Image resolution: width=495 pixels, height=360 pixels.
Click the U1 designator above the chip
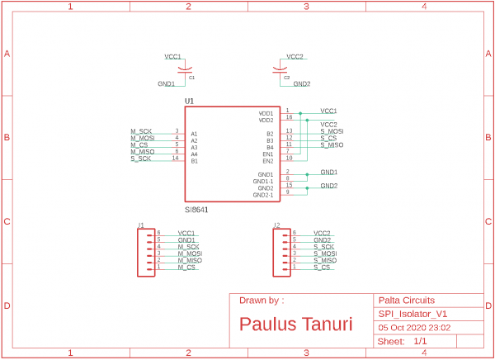tap(189, 102)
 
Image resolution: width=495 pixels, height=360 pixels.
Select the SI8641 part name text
tap(196, 211)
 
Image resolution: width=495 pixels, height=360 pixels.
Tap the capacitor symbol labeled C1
tap(186, 69)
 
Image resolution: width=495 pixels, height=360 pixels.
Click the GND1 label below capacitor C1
tap(166, 84)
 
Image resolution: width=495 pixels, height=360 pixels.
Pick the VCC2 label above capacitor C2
tap(295, 57)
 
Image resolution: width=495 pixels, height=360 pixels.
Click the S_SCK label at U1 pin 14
tap(141, 159)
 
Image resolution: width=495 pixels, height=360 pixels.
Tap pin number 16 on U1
tap(289, 117)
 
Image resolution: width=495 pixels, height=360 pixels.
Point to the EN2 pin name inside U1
tap(267, 161)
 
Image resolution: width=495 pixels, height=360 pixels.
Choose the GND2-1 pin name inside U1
tap(263, 196)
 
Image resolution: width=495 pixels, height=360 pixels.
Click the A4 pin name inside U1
tap(194, 154)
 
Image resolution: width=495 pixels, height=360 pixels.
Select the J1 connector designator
tap(140, 225)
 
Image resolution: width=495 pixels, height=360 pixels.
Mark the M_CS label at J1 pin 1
tap(186, 268)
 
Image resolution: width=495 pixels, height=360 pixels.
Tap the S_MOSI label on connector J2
tap(324, 253)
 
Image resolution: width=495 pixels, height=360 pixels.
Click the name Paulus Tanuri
tap(295, 324)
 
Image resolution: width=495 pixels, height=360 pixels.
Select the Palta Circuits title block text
tap(406, 300)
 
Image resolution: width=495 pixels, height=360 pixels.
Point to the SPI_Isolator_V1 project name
tap(412, 314)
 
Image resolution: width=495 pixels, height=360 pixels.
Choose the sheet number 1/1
tap(420, 341)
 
